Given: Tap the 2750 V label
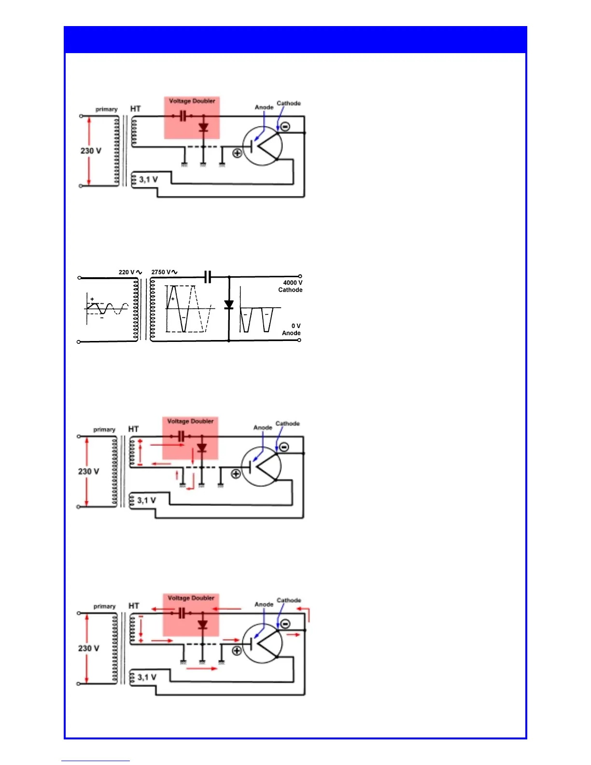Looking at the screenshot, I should point(161,272).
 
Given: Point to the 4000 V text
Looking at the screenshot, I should point(293,283).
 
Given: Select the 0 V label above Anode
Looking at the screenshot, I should point(295,326).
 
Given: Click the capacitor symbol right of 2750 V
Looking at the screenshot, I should point(208,277).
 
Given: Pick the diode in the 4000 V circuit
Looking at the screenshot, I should point(229,305).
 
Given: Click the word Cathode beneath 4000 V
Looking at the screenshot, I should point(290,290).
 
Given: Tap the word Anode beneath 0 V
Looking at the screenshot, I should point(291,333).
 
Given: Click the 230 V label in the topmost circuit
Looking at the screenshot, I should point(91,151).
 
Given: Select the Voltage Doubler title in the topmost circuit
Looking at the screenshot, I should point(192,101).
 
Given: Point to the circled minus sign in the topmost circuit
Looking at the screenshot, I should point(285,127).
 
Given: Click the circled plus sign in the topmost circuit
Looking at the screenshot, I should point(237,153).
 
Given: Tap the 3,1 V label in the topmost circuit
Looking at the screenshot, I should point(148,180).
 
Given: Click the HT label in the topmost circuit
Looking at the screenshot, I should point(135,109).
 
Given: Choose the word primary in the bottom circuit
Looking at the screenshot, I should point(104,607).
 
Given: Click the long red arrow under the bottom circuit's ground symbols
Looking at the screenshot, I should point(202,669).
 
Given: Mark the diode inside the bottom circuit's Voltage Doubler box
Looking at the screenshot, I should point(203,624).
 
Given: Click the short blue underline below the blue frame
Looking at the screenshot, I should point(96,761).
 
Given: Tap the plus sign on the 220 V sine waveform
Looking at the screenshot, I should point(92,299).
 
